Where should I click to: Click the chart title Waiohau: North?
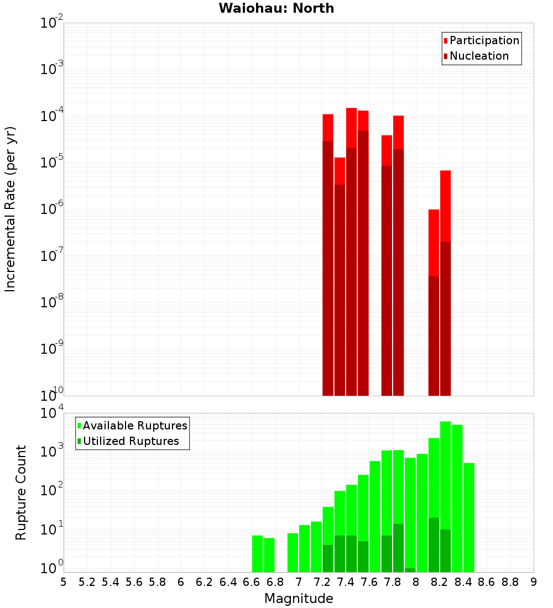[x=276, y=8]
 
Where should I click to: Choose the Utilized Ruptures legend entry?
[x=131, y=441]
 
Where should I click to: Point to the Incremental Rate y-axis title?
[x=11, y=209]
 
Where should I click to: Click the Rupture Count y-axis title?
[x=21, y=492]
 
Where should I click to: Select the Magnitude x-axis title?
[x=299, y=599]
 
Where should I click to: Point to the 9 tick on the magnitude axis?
[x=534, y=582]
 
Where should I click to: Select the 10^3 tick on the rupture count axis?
[x=53, y=451]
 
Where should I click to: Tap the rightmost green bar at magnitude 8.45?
[x=469, y=517]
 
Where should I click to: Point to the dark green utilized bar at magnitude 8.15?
[x=434, y=544]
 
